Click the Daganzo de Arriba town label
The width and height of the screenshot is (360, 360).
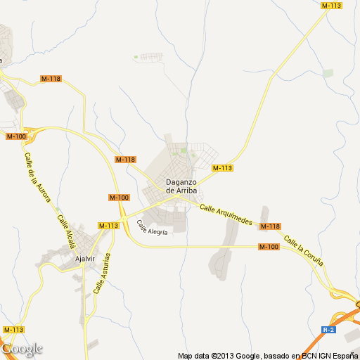click(180, 186)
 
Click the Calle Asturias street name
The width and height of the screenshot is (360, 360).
click(102, 272)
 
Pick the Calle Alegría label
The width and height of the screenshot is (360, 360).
click(153, 228)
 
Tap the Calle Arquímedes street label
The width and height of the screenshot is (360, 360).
click(225, 214)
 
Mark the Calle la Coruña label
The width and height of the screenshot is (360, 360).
click(304, 251)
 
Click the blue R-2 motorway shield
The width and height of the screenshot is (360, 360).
click(328, 329)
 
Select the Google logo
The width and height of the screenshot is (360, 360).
click(22, 349)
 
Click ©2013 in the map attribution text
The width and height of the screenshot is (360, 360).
click(221, 355)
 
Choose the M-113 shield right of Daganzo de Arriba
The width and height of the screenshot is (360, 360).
click(222, 167)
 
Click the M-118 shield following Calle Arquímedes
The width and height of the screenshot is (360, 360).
click(270, 226)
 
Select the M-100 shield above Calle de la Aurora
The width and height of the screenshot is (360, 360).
click(16, 136)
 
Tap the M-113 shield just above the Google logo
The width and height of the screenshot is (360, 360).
click(13, 329)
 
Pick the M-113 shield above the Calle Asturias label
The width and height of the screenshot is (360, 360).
click(108, 225)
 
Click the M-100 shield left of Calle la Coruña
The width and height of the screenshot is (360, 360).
click(269, 246)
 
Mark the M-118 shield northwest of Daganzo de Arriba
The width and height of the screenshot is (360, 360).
click(125, 160)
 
